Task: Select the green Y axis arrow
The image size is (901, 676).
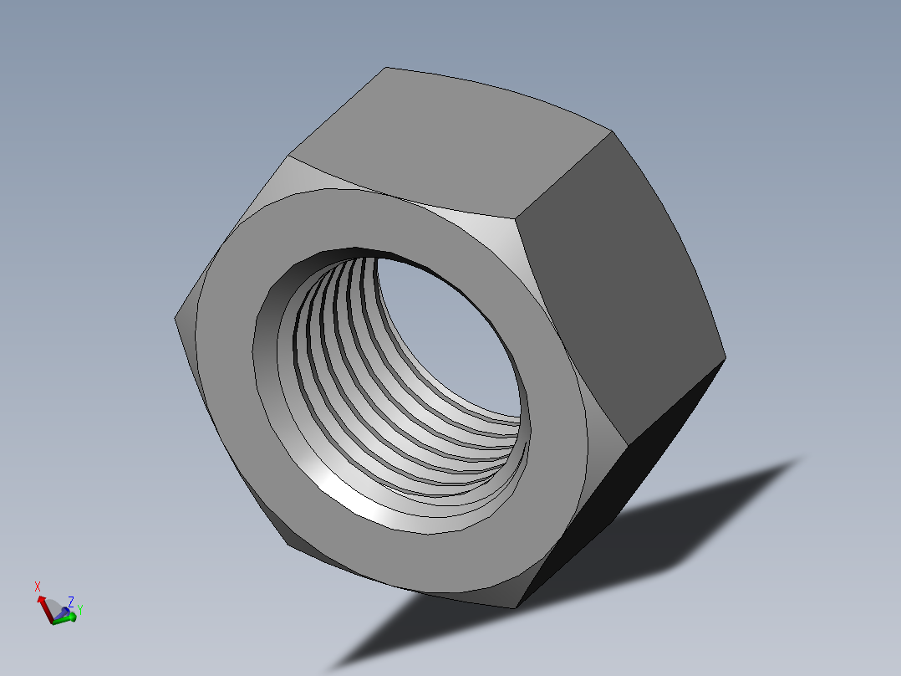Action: pos(68,617)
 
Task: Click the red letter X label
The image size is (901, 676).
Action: pos(38,587)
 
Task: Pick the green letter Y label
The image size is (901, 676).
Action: pos(79,610)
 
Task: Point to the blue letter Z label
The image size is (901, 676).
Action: pos(71,601)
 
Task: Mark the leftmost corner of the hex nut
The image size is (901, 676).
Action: pos(176,318)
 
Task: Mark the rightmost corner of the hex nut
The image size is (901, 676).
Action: pos(725,358)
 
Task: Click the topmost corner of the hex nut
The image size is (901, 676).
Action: pos(385,68)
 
